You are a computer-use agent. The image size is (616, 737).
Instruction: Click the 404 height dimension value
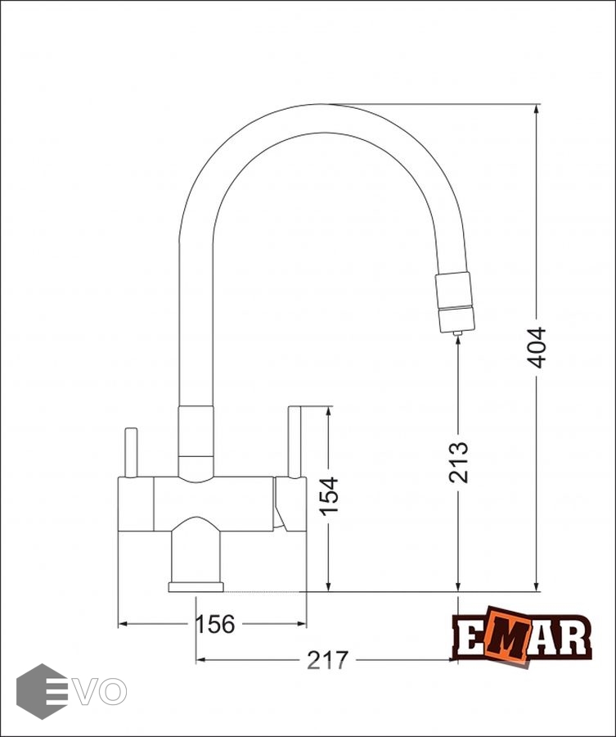536,348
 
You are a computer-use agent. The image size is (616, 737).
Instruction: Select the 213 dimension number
458,463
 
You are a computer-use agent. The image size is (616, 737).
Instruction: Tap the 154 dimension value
329,496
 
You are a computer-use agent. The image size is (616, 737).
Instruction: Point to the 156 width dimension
214,624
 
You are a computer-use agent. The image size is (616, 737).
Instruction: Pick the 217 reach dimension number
328,660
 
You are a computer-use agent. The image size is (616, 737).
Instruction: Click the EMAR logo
521,636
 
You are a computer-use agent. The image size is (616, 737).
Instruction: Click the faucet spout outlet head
455,302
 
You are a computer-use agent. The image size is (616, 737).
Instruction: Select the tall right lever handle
295,442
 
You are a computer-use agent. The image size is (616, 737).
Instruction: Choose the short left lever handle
131,453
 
